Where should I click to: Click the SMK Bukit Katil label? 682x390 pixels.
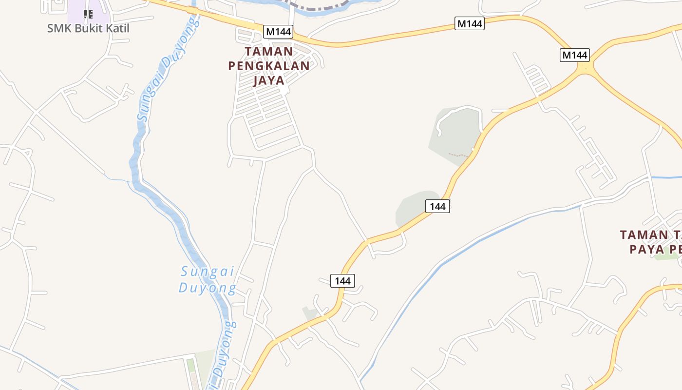tap(88, 28)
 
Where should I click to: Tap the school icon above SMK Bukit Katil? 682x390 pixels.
tap(88, 14)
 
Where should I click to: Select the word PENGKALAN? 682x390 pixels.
tap(269, 66)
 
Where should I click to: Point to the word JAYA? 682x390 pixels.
tap(269, 80)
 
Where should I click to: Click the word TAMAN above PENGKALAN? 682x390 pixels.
tap(269, 51)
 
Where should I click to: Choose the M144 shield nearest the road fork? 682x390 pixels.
tap(574, 55)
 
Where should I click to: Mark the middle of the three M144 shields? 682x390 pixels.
tap(469, 23)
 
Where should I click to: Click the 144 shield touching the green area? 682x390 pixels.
tap(437, 206)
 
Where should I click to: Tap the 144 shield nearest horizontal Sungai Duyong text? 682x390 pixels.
tap(342, 281)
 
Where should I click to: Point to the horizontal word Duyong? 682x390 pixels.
tap(208, 288)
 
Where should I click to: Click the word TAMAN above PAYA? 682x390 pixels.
tap(644, 234)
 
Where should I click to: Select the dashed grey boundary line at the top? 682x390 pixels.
tap(317, 6)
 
